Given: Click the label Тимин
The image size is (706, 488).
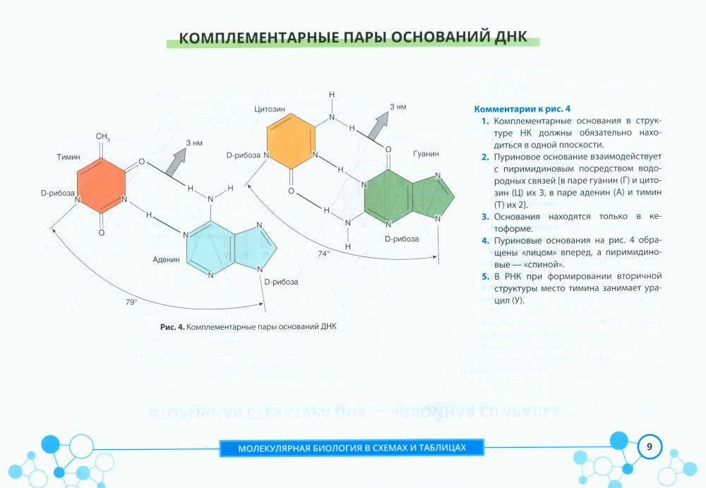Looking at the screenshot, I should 68,156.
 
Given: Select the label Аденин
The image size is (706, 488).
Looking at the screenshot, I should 166,259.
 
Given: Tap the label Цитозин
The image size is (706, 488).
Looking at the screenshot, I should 269,109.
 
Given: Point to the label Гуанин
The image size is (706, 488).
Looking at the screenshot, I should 425,153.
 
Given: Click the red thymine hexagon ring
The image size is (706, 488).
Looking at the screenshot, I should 102,186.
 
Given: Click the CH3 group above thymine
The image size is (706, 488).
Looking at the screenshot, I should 102,136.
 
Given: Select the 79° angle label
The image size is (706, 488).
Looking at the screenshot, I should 131,302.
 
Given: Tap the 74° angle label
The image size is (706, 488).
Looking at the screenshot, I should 324,252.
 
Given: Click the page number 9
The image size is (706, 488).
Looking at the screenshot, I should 650,447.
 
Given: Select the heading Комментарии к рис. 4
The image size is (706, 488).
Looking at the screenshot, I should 522,109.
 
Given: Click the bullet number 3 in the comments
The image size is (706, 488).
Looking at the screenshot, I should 485,217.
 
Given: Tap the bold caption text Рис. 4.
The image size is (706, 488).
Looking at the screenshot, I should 172,327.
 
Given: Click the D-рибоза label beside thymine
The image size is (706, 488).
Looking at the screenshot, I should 58,192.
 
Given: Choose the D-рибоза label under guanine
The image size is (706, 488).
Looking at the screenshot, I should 402,239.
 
